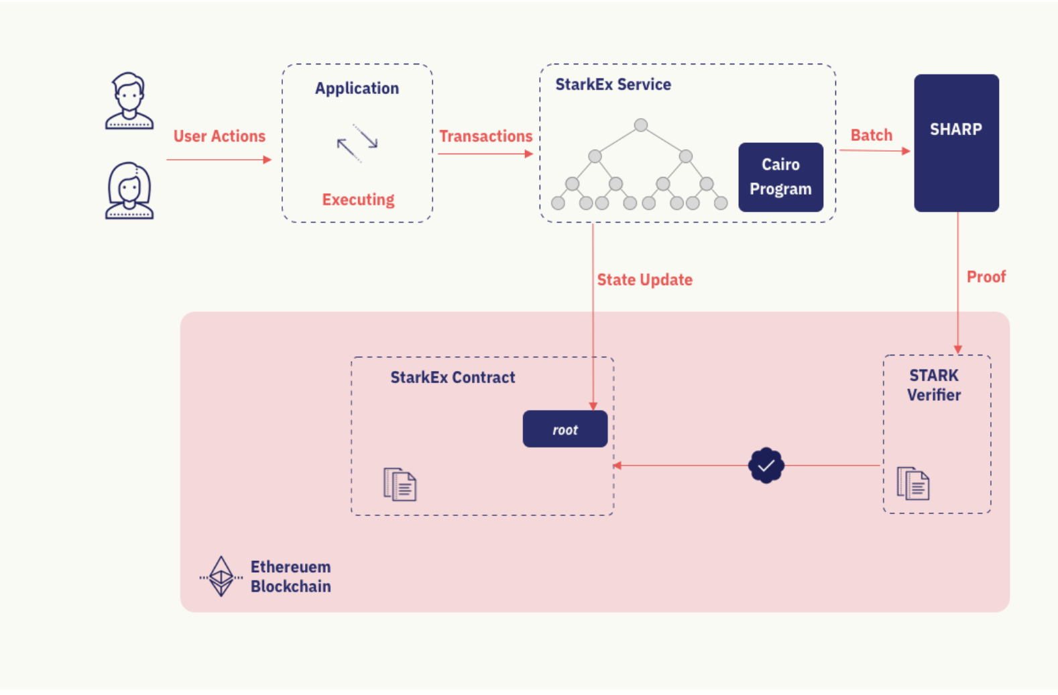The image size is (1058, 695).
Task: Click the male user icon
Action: (x=129, y=101)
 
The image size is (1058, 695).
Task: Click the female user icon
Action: (x=129, y=191)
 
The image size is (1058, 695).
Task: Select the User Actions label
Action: (x=219, y=136)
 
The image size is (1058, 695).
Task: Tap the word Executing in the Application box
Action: (x=358, y=200)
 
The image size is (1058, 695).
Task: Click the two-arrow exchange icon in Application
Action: (x=357, y=143)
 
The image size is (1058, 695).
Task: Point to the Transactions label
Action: (x=485, y=136)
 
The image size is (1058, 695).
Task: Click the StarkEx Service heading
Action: (x=613, y=85)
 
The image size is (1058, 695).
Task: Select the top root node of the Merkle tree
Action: (x=641, y=125)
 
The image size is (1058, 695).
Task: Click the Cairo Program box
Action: (x=780, y=177)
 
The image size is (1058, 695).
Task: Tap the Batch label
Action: (x=871, y=135)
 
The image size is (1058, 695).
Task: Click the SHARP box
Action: (x=956, y=143)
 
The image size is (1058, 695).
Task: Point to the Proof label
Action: (x=986, y=276)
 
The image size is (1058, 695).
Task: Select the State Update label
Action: (x=644, y=280)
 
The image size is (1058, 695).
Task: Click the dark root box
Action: (x=565, y=429)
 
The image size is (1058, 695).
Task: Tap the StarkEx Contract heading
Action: (x=453, y=378)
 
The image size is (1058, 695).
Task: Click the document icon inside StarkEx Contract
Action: (x=400, y=484)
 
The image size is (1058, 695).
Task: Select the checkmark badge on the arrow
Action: (x=766, y=465)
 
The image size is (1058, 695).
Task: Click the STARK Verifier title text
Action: (x=934, y=385)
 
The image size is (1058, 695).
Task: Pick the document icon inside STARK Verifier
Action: (x=913, y=484)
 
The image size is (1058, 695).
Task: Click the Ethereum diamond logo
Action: (x=221, y=576)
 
